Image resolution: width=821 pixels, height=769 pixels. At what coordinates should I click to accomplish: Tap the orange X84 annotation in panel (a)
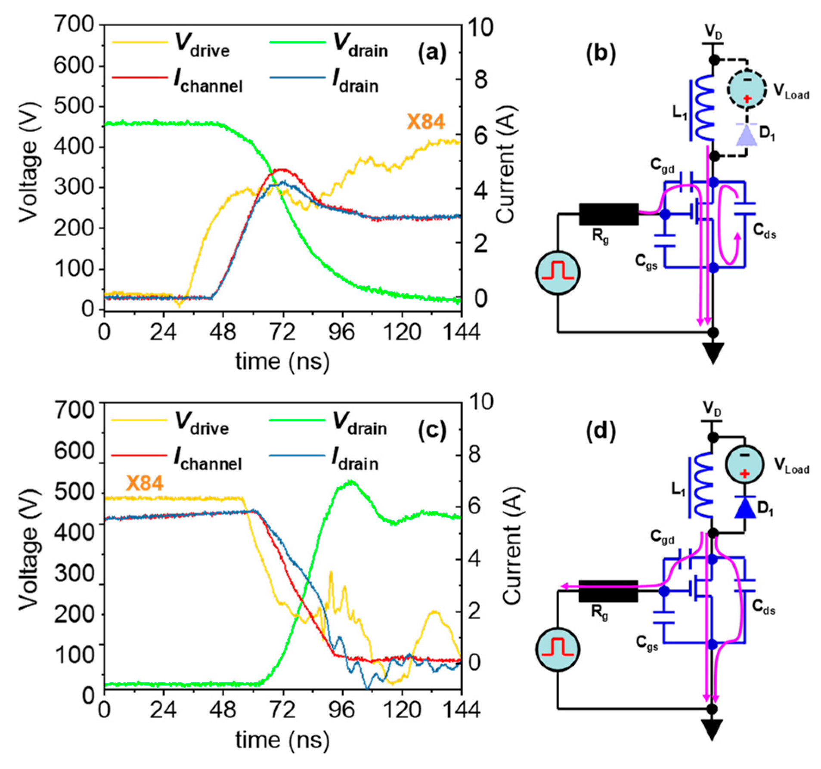[x=425, y=122]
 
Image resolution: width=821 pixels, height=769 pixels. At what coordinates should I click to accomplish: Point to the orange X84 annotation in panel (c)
[x=144, y=483]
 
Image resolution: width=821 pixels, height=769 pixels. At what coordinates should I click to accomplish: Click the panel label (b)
[x=601, y=53]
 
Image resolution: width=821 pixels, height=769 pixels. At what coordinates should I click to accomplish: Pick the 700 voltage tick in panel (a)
[x=74, y=24]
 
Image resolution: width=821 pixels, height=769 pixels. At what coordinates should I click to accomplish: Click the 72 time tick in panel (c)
[x=282, y=709]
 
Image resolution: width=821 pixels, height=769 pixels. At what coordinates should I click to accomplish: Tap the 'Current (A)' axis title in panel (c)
[x=512, y=547]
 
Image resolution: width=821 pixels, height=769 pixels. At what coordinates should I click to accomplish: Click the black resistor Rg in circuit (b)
[x=608, y=214]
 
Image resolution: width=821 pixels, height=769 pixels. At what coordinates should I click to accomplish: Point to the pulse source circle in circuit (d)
[x=558, y=650]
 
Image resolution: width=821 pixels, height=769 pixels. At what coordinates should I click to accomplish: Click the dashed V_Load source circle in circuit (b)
[x=747, y=89]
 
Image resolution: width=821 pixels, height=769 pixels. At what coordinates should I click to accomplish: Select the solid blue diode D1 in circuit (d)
[x=745, y=508]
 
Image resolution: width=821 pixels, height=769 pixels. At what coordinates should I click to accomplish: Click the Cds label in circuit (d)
[x=764, y=607]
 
